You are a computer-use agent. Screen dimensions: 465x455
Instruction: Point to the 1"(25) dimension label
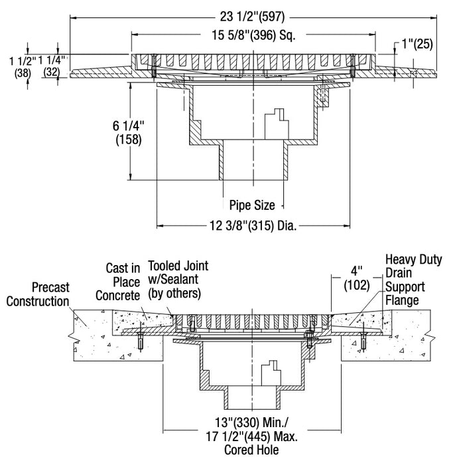pos(417,45)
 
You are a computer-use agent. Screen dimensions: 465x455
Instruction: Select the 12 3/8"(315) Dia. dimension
pos(251,227)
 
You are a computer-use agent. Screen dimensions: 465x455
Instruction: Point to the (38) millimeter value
pos(23,74)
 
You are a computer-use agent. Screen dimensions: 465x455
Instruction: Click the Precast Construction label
pos(38,294)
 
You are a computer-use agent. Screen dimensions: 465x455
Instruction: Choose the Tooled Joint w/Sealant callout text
pos(178,279)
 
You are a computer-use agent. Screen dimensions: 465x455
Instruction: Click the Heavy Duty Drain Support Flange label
pos(412,280)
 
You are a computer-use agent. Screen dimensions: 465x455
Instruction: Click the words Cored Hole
pos(252,450)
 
